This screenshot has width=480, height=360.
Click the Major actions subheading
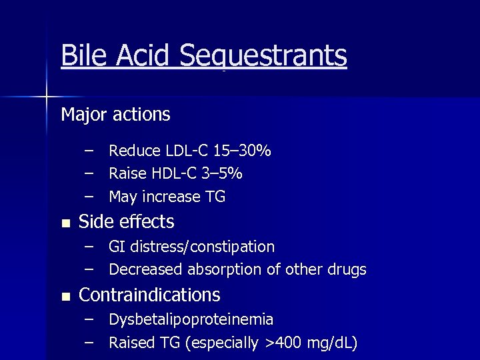[115, 115]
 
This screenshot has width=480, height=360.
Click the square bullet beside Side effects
[64, 223]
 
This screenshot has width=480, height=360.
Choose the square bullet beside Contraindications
[64, 296]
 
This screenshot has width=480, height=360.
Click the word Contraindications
[149, 295]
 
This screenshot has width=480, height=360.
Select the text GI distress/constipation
[191, 247]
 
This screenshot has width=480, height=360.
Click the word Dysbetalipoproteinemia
[191, 320]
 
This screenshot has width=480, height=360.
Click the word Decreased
[146, 270]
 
